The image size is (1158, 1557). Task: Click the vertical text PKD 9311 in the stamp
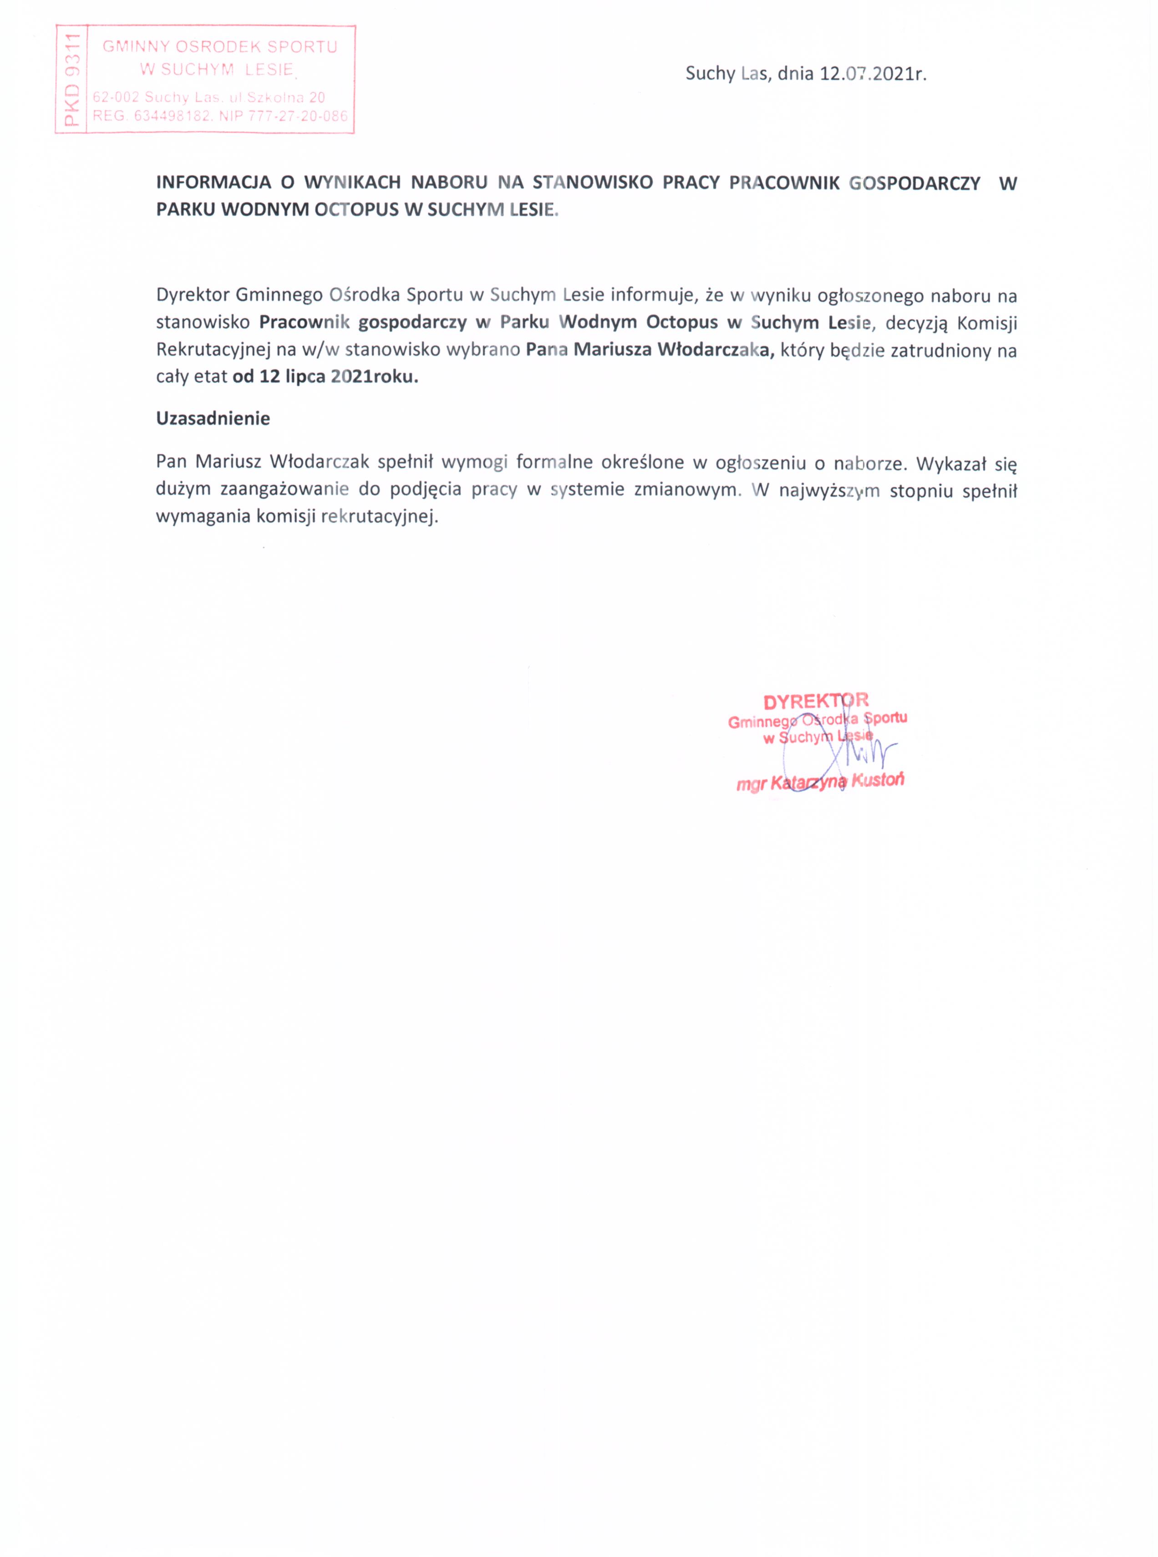(71, 79)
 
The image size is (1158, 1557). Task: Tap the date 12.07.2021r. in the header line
(873, 74)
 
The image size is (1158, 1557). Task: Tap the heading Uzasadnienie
(213, 418)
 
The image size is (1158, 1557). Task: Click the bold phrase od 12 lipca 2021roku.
(325, 377)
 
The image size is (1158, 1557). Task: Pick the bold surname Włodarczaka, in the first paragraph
(715, 350)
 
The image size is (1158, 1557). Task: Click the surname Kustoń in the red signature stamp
(878, 779)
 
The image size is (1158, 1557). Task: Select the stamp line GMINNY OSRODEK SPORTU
(220, 47)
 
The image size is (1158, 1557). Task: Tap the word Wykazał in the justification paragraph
(951, 463)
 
